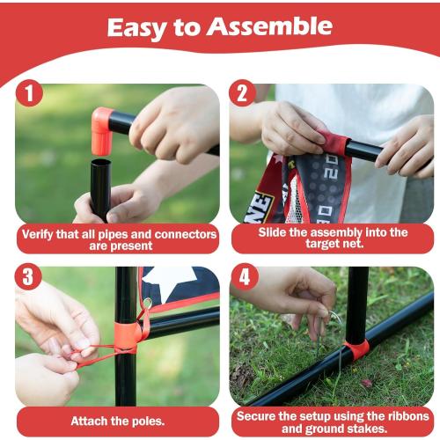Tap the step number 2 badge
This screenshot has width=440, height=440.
click(x=243, y=94)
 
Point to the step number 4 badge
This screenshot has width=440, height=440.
click(x=243, y=278)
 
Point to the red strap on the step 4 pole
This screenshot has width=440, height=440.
click(x=356, y=350)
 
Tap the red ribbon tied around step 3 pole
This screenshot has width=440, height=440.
click(x=129, y=334)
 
